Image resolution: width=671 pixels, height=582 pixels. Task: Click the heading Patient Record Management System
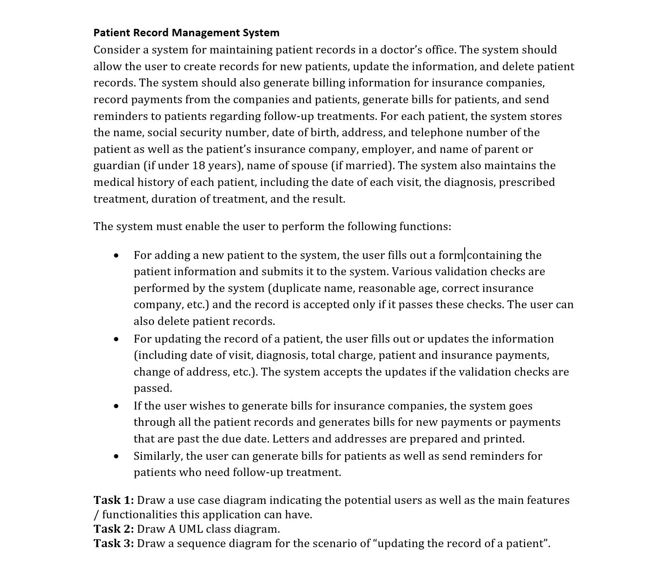(x=186, y=33)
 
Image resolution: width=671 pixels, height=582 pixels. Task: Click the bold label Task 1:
(x=113, y=500)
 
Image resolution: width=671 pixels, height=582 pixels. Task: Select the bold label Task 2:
(x=113, y=529)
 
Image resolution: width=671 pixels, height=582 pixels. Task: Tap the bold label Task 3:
(x=113, y=543)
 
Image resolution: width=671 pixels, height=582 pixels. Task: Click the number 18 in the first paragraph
(x=198, y=165)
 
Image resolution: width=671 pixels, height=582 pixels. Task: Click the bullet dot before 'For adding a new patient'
(x=116, y=256)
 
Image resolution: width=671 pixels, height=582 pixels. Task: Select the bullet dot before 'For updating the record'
(x=116, y=339)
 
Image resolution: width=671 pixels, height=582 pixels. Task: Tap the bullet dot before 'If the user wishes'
(x=116, y=406)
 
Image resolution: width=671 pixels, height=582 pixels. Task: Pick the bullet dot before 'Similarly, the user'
(x=116, y=456)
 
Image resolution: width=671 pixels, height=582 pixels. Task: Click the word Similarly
(x=158, y=456)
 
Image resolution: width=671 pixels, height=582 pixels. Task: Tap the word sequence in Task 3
(x=201, y=543)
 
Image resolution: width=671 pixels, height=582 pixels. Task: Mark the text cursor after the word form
(x=465, y=255)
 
